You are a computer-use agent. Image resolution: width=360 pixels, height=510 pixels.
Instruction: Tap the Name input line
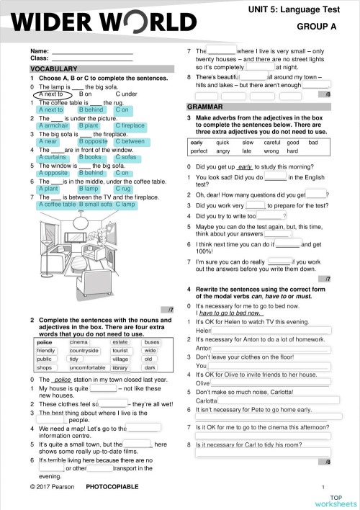(92, 51)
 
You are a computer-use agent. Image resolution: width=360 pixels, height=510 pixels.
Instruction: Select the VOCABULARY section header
(53, 68)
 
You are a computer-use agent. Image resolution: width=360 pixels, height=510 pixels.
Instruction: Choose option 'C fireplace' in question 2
(130, 125)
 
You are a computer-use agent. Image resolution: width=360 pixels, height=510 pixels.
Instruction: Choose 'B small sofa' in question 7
(96, 205)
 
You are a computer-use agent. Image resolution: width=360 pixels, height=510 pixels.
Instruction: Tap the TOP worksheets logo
(335, 500)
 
